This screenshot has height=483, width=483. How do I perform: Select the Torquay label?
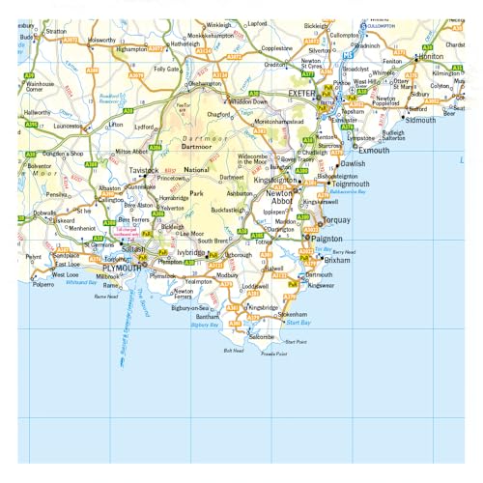click(339, 219)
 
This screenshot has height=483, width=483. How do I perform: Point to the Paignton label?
click(325, 237)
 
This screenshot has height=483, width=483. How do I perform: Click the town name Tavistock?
click(143, 170)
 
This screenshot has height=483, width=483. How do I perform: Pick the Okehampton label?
click(206, 83)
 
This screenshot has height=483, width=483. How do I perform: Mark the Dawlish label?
click(354, 164)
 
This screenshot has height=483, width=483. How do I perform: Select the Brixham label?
click(337, 261)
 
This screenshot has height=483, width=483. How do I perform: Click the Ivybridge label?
click(190, 252)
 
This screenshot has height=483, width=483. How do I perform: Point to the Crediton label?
click(277, 65)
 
